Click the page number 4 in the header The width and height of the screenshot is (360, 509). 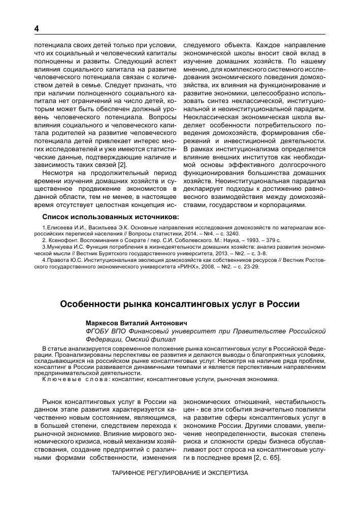click(x=37, y=28)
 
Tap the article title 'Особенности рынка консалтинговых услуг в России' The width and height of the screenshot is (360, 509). click(x=180, y=304)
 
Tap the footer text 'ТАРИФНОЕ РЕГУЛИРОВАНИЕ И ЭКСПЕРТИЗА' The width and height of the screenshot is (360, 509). click(x=180, y=472)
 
